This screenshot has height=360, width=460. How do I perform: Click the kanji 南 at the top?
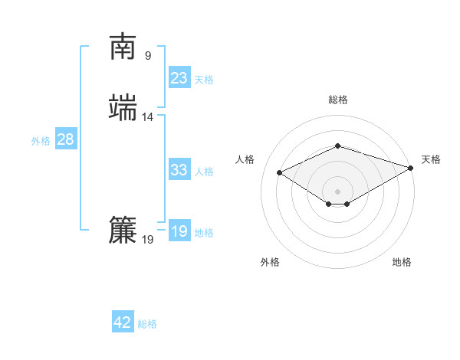[x=123, y=47]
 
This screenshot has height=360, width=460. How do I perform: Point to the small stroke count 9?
[x=148, y=55]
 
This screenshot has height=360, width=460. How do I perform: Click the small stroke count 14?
[x=148, y=117]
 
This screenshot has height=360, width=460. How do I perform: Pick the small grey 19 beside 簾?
[x=148, y=240]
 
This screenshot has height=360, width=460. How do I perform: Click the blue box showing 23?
[x=179, y=78]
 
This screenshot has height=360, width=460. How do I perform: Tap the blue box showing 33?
[x=179, y=170]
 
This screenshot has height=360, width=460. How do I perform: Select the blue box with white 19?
[x=179, y=231]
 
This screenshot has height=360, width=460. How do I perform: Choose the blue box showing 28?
[x=66, y=139]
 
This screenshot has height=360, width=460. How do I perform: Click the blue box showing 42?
[x=123, y=322]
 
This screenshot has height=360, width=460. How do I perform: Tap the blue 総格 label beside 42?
[x=147, y=324]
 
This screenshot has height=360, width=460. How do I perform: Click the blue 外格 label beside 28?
[x=41, y=141]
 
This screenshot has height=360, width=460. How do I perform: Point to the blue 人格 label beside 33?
[x=205, y=172]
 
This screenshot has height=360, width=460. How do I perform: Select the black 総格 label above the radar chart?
[x=338, y=100]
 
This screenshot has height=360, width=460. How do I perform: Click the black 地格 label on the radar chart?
[x=402, y=262]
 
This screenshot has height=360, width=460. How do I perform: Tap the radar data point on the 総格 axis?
[x=338, y=146]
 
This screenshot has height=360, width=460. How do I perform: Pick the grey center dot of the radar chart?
[x=338, y=191]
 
